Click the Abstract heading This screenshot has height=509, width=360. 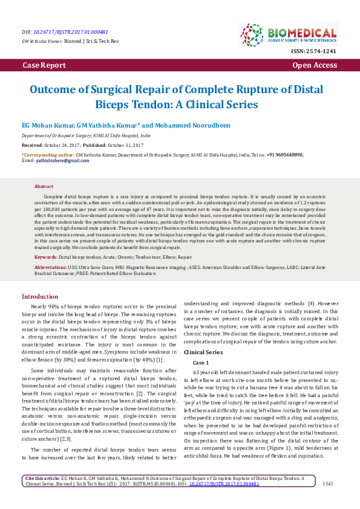44,187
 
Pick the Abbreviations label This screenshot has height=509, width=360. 50,267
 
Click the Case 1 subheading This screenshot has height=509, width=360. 200,361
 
